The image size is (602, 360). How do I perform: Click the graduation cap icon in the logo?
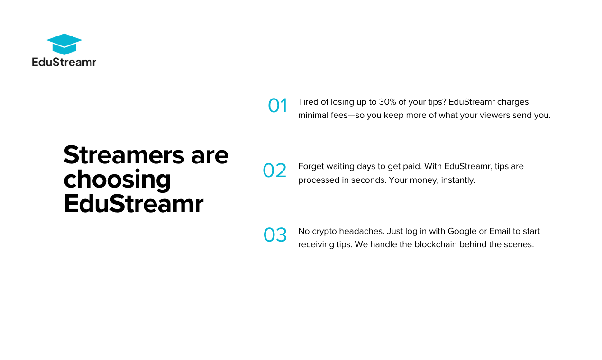(x=64, y=44)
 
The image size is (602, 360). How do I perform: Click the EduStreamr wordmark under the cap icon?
(x=64, y=62)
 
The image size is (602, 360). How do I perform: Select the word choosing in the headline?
(x=117, y=179)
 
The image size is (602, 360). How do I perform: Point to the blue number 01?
(x=277, y=106)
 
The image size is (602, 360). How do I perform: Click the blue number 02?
(x=274, y=171)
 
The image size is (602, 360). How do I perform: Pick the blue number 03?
(x=275, y=235)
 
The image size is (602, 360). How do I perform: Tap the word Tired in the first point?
(x=308, y=102)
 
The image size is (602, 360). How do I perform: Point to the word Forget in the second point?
(x=310, y=167)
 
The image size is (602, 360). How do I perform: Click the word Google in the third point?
(x=462, y=231)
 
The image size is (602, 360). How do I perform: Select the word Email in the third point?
(x=500, y=231)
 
